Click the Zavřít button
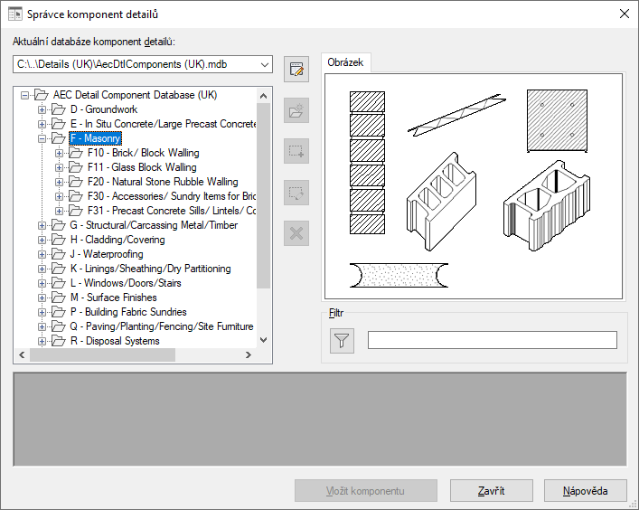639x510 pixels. (x=491, y=490)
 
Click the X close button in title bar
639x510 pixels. (x=624, y=14)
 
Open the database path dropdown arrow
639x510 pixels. (x=265, y=65)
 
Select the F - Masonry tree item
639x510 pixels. (x=96, y=138)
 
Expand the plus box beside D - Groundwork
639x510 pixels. (x=42, y=109)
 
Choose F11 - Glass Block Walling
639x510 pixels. (x=142, y=167)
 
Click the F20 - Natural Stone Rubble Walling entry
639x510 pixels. (x=163, y=182)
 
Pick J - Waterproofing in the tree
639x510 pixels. (x=107, y=254)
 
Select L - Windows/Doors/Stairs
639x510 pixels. (x=126, y=283)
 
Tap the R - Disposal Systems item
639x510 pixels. (x=115, y=341)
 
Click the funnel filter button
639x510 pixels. (x=342, y=340)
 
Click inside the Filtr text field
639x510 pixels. (x=493, y=340)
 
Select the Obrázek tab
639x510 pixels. (x=345, y=62)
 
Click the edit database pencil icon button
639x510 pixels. (x=296, y=70)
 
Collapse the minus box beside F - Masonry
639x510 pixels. (x=42, y=138)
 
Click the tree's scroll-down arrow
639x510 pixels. (x=263, y=340)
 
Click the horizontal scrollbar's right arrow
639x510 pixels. (x=249, y=355)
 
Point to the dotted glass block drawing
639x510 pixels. (x=399, y=275)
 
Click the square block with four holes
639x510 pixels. (x=557, y=120)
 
